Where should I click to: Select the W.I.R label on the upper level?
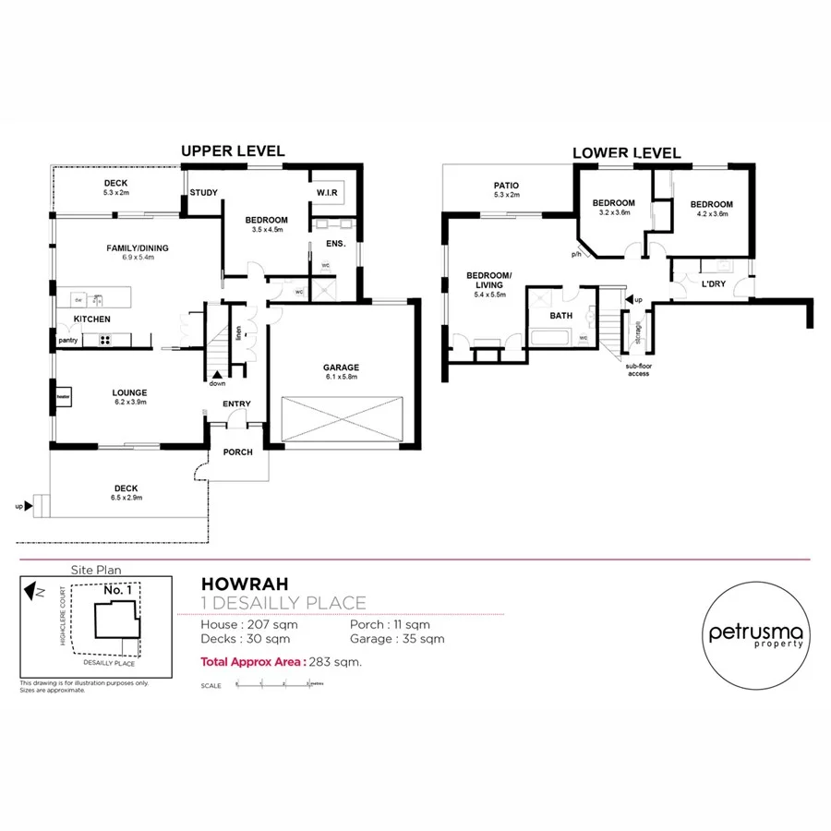pyautogui.click(x=327, y=193)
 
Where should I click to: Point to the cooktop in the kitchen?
pyautogui.click(x=104, y=339)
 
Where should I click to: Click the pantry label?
pyautogui.click(x=68, y=340)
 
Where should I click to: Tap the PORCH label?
pyautogui.click(x=237, y=452)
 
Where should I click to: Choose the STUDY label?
pyautogui.click(x=202, y=193)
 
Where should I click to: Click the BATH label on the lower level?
pyautogui.click(x=560, y=316)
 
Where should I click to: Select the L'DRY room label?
pyautogui.click(x=713, y=284)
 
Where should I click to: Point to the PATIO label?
pyautogui.click(x=507, y=186)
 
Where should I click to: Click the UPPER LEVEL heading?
pyautogui.click(x=233, y=151)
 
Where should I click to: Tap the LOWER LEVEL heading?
pyautogui.click(x=627, y=153)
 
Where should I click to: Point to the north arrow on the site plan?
pyautogui.click(x=35, y=587)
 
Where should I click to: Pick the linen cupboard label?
pyautogui.click(x=238, y=331)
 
